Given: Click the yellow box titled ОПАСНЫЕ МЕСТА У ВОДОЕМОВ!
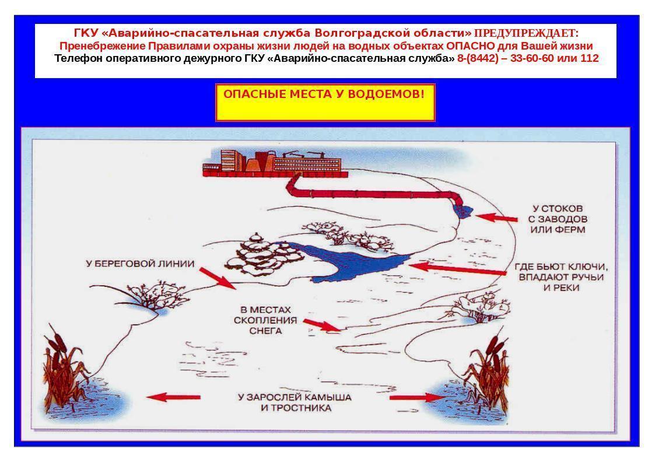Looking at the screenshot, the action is click(x=325, y=103).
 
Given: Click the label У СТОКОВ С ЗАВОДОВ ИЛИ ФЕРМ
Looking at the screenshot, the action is click(x=558, y=219).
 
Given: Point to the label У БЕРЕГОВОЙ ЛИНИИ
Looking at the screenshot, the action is click(x=141, y=264).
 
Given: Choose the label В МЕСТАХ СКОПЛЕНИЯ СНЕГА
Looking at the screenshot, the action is click(x=265, y=320).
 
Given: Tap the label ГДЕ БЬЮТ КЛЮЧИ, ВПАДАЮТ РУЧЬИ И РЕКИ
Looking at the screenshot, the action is click(x=561, y=277).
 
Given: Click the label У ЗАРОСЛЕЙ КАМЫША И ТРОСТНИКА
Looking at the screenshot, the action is click(x=295, y=402).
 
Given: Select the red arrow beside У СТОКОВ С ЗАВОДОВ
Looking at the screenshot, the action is click(x=496, y=218).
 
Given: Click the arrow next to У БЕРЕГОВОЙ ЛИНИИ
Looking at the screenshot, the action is click(x=218, y=278).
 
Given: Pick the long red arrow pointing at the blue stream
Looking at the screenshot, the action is click(x=457, y=269).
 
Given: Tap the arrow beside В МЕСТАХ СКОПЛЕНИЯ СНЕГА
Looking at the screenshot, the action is click(x=322, y=325).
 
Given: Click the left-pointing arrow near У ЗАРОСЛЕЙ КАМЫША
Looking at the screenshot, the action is click(x=173, y=397).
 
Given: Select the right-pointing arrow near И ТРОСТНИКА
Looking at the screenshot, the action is click(x=416, y=398).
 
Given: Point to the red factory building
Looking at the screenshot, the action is click(x=275, y=163).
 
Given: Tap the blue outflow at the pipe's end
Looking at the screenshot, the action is click(x=463, y=211).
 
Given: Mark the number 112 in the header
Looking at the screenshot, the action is click(x=589, y=58).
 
